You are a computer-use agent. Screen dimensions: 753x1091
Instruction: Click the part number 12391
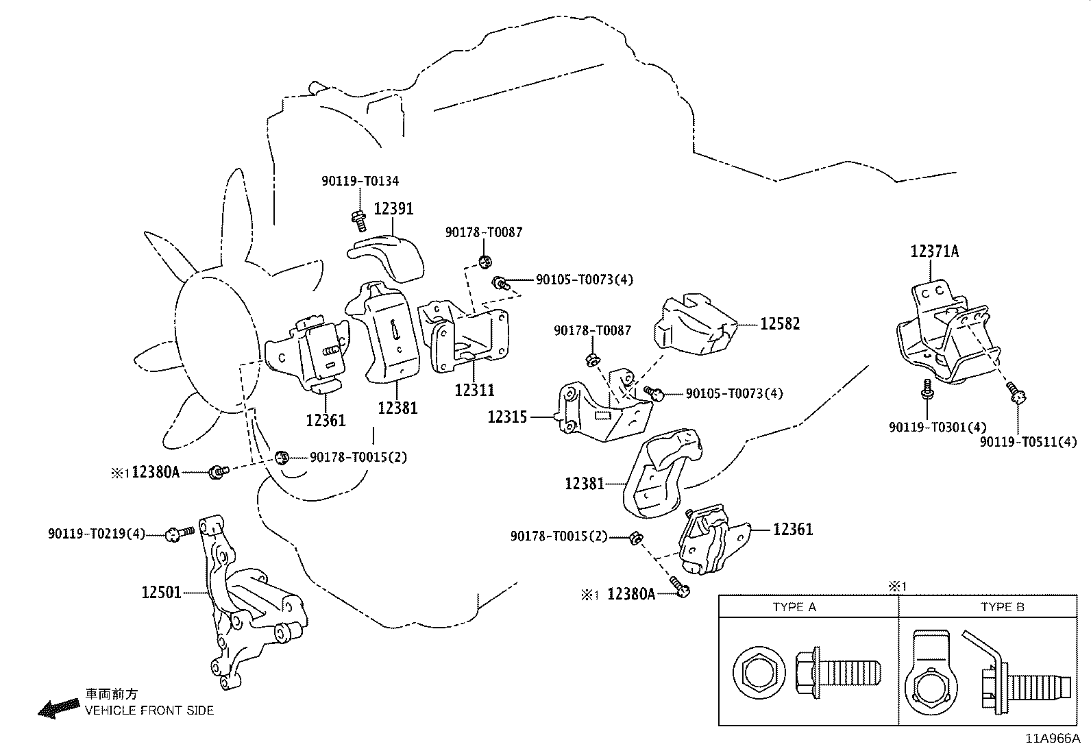(x=393, y=209)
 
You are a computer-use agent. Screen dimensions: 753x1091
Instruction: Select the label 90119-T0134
(x=360, y=182)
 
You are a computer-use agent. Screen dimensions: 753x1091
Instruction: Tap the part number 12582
(x=780, y=323)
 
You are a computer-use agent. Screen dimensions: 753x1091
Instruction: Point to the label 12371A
(x=934, y=251)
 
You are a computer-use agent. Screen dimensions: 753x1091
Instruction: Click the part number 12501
(x=162, y=592)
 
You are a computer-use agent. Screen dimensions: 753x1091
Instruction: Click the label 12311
(x=474, y=390)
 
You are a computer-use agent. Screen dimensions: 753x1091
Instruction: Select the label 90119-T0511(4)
(x=1028, y=443)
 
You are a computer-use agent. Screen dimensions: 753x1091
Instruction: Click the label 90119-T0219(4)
(x=97, y=534)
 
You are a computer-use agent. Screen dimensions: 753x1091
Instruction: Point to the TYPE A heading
(x=794, y=607)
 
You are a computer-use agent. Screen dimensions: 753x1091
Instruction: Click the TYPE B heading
(x=1002, y=607)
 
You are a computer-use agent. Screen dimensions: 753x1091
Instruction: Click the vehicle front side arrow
(x=58, y=708)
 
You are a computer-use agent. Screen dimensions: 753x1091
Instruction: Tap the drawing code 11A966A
(x=1052, y=739)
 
